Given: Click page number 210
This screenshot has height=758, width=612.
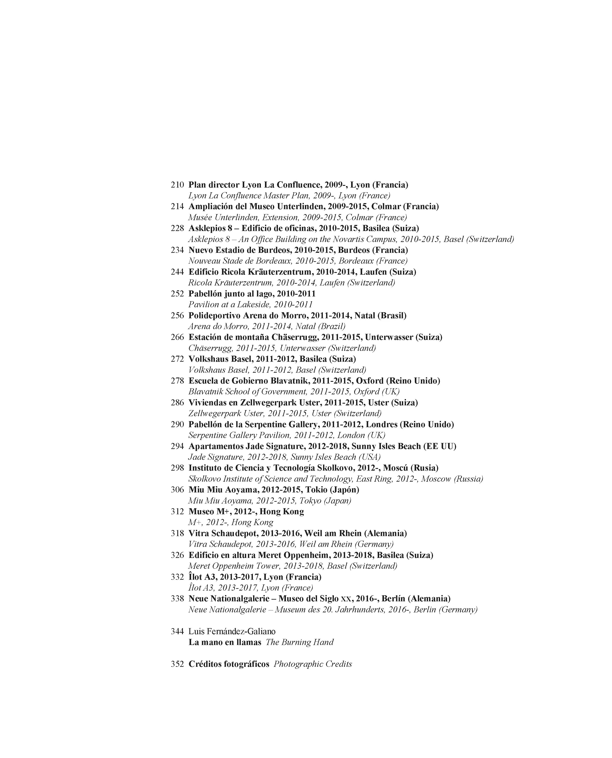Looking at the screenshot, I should [x=177, y=185].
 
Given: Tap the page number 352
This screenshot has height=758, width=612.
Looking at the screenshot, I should [x=177, y=664].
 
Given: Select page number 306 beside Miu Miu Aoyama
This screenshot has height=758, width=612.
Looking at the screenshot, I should [x=177, y=490].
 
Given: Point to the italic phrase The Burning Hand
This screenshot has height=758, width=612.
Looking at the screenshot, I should [x=299, y=642].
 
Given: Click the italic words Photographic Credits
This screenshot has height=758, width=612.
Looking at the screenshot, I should [x=313, y=664].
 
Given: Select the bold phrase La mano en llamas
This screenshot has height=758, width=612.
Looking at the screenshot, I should [x=225, y=642].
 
